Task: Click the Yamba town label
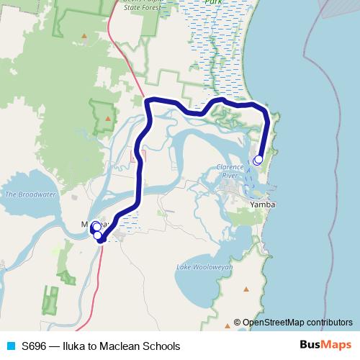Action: pyautogui.click(x=261, y=205)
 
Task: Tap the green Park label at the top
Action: pyautogui.click(x=212, y=2)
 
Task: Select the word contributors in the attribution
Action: pyautogui.click(x=331, y=323)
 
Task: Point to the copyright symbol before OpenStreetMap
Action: pyautogui.click(x=238, y=323)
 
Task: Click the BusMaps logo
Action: pyautogui.click(x=325, y=346)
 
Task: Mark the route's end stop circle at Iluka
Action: pyautogui.click(x=258, y=159)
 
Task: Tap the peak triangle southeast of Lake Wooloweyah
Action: pyautogui.click(x=247, y=289)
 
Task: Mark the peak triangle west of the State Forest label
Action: pyautogui.click(x=84, y=35)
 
